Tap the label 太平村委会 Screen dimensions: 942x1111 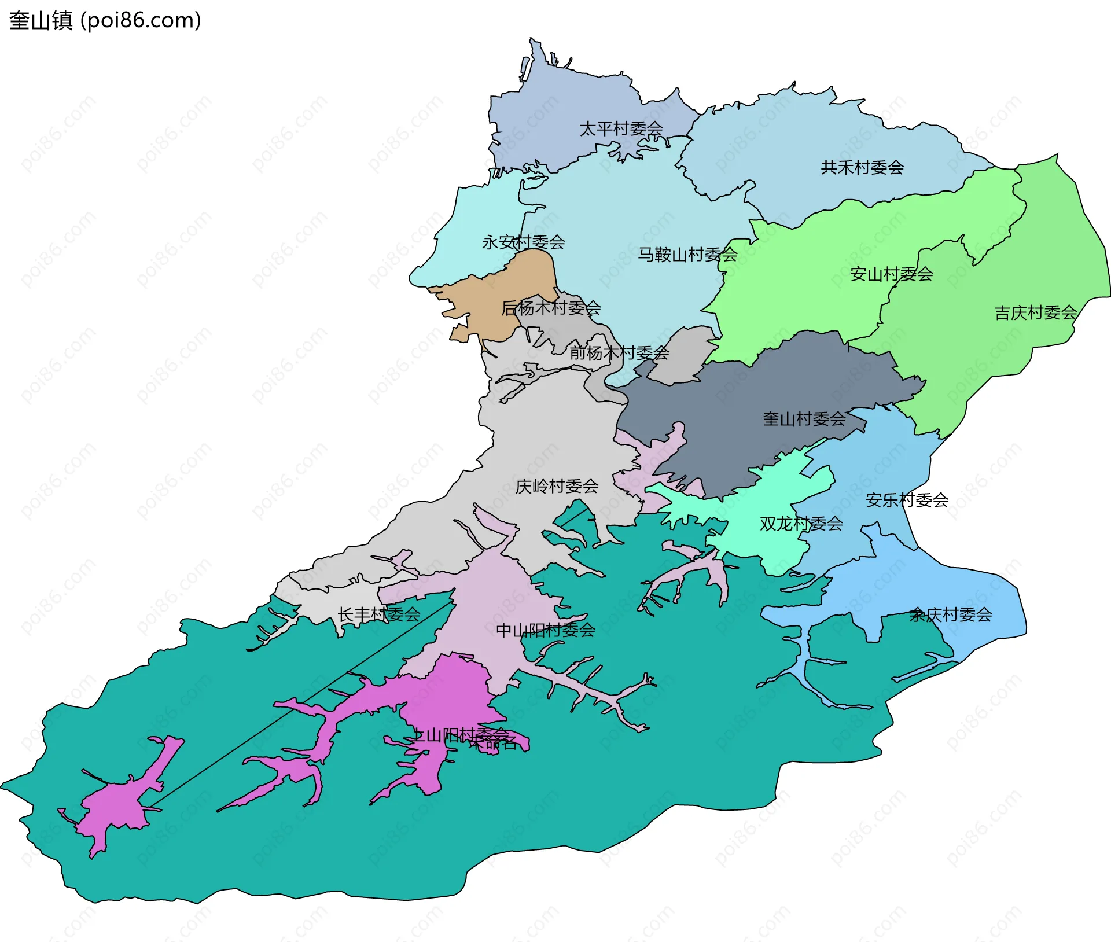tap(621, 128)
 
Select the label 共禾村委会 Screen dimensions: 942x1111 tap(862, 168)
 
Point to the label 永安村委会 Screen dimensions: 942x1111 tap(523, 242)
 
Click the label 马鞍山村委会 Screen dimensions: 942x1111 tap(687, 255)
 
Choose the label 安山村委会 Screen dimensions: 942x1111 tap(891, 274)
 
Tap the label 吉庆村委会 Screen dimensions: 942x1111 tap(1035, 313)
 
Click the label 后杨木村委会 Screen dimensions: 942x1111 tap(551, 308)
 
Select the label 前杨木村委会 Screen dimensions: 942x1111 tap(619, 352)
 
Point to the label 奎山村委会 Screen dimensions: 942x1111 tap(804, 419)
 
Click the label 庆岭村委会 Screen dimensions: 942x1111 tap(557, 487)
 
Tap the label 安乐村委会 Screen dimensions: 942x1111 tap(907, 500)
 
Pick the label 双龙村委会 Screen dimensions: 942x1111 tap(801, 524)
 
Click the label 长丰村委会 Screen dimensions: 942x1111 tap(379, 614)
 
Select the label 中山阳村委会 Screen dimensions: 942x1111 tap(545, 630)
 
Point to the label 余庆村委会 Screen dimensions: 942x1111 tap(951, 614)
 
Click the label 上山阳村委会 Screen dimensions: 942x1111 tap(460, 735)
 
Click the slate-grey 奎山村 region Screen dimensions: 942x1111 tap(752, 405)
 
